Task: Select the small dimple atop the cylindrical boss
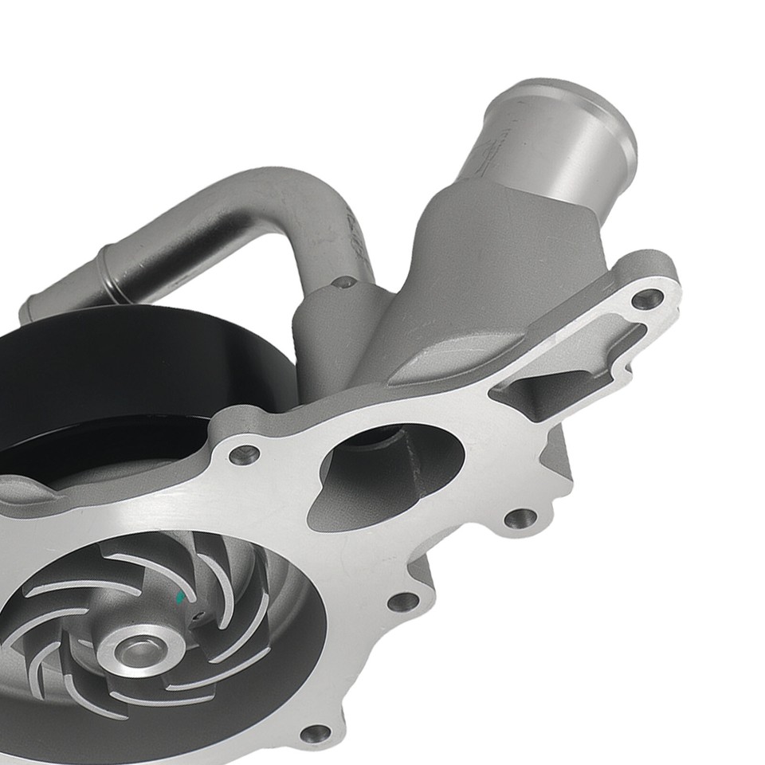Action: coord(344,281)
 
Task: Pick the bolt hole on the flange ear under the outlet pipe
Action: coord(646,300)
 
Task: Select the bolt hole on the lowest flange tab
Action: coord(316,732)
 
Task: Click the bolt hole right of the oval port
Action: coord(520,519)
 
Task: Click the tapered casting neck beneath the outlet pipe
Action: coord(486,255)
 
